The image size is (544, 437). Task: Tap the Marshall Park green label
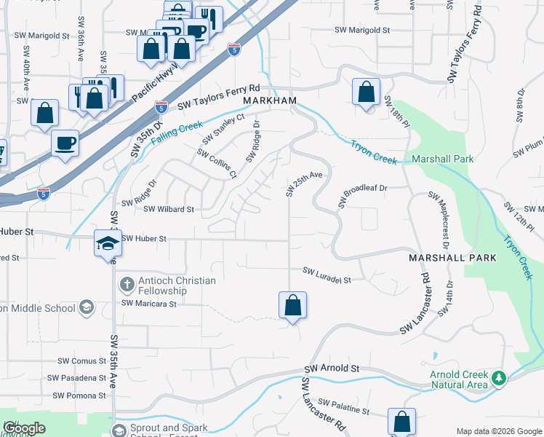click(x=442, y=159)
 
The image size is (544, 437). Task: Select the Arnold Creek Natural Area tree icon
click(x=498, y=378)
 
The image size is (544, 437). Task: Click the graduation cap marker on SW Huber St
click(x=107, y=244)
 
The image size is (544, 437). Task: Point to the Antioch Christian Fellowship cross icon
click(x=127, y=284)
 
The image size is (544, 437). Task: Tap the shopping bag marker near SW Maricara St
click(x=292, y=306)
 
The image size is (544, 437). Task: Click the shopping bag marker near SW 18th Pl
click(x=366, y=92)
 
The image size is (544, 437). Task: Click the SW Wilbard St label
click(x=169, y=209)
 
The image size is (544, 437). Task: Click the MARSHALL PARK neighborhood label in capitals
click(x=452, y=258)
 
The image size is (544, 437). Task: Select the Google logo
click(x=24, y=428)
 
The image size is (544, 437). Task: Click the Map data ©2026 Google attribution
click(x=499, y=430)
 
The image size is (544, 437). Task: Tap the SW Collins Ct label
click(x=217, y=164)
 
